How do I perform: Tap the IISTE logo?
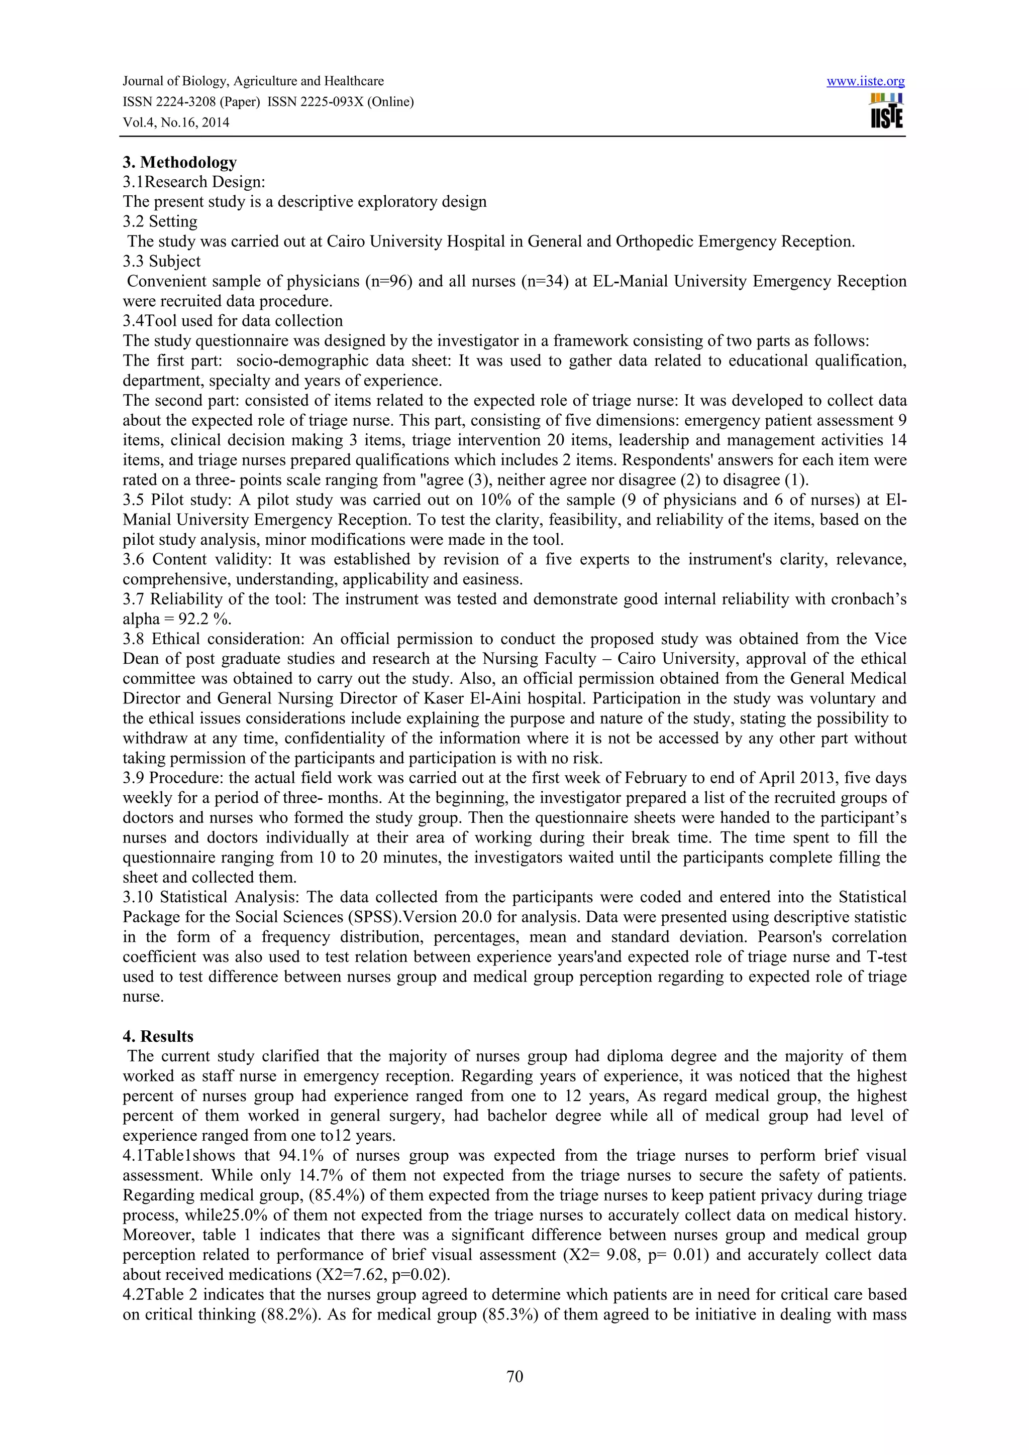click(887, 111)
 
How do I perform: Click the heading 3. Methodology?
click(179, 162)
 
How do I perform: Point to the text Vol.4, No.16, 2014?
click(176, 123)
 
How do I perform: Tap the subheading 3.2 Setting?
click(160, 222)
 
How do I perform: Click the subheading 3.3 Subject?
click(162, 262)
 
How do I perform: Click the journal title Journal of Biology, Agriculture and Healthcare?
click(253, 81)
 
